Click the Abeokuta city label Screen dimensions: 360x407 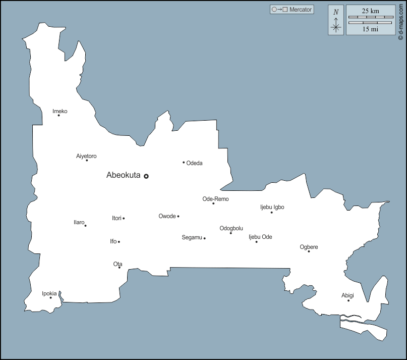(123, 176)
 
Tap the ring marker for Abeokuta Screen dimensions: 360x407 (146, 176)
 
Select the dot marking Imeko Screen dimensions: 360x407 (59, 115)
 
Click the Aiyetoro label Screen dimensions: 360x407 (86, 156)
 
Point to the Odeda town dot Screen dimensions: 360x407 (184, 162)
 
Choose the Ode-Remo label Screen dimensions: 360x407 (215, 199)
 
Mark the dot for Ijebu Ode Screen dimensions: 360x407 (256, 242)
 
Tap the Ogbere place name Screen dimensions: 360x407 (309, 247)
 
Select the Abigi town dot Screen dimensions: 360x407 (348, 300)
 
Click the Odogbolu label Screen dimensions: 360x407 (231, 228)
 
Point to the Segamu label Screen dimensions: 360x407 (192, 237)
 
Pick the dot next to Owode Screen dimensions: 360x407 (178, 216)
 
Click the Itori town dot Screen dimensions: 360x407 (124, 218)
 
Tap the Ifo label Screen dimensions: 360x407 (113, 241)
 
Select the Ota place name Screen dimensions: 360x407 (118, 264)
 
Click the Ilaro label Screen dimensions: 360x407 (79, 222)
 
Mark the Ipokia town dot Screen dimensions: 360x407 (50, 297)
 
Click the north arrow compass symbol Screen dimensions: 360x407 (336, 24)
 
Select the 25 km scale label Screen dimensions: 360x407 (371, 11)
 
